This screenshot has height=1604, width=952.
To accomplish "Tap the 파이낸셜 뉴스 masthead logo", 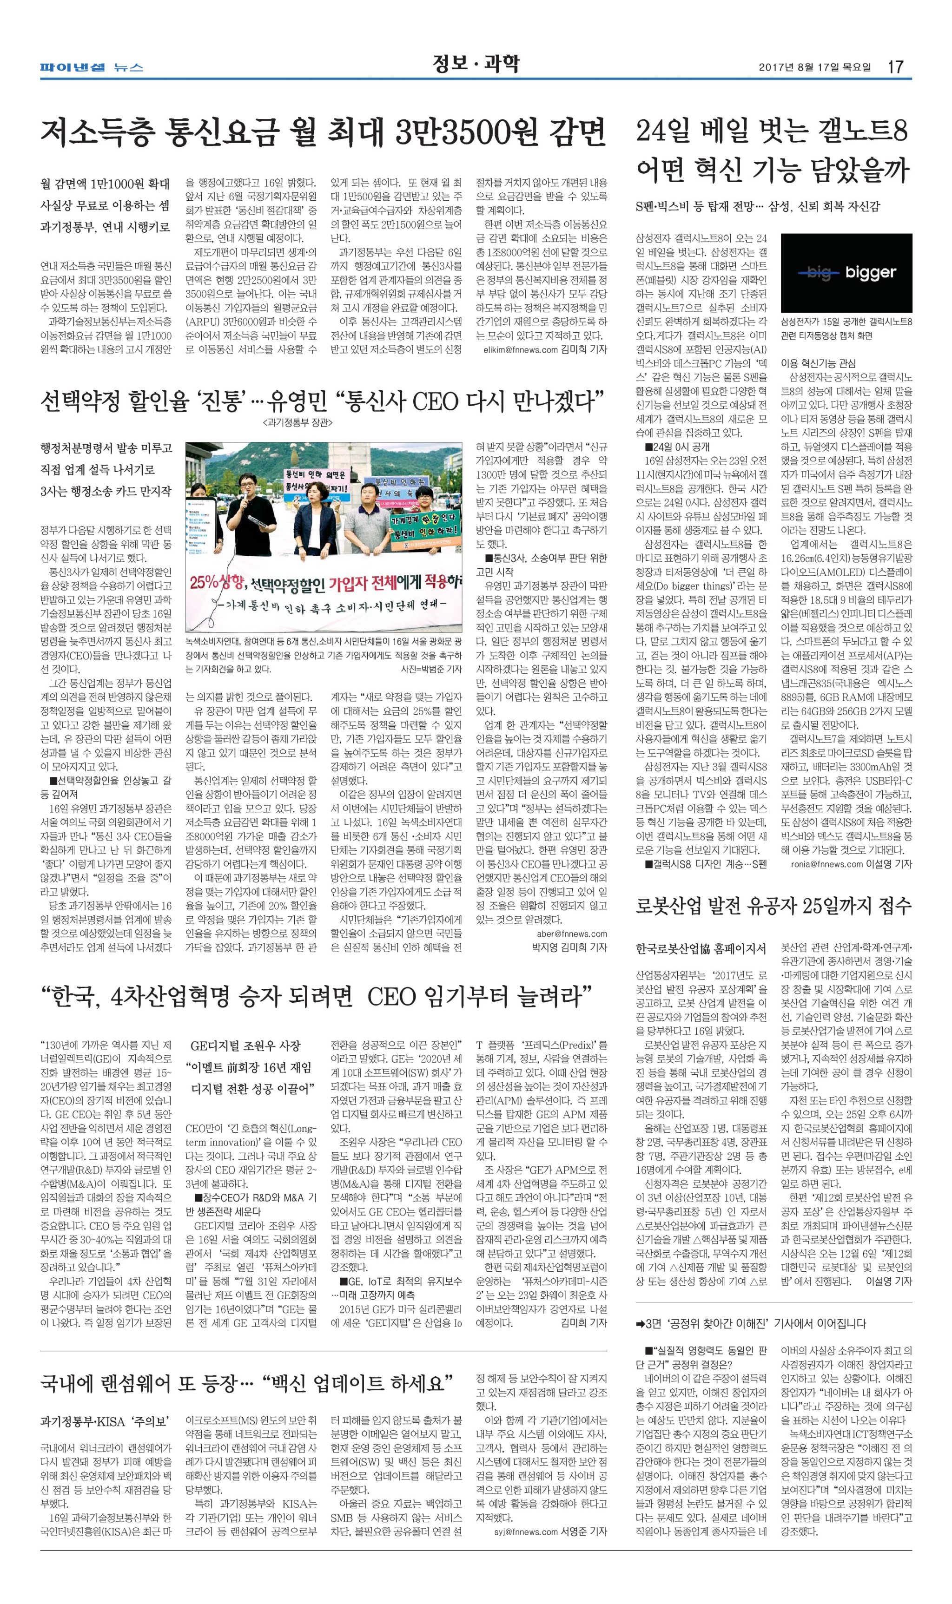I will pos(91,66).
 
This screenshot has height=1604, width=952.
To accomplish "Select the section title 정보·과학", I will pos(476,64).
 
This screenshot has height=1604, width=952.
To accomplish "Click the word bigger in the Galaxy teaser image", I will pos(870,272).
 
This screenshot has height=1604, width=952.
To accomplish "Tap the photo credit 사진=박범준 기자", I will pos(430,669).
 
